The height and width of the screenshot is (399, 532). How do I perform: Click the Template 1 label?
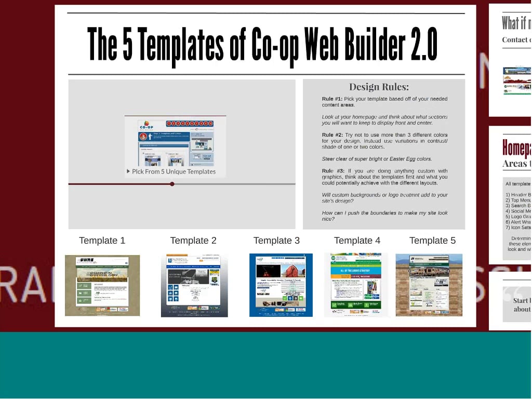[102, 241]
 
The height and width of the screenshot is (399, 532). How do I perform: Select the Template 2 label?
[193, 241]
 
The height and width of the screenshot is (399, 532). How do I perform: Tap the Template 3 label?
[276, 241]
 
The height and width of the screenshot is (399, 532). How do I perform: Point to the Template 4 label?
[357, 241]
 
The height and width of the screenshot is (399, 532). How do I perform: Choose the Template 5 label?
[432, 241]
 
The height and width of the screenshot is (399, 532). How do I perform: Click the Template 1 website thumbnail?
[102, 285]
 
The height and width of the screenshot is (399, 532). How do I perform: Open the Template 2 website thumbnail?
[194, 285]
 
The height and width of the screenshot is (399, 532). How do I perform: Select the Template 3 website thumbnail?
[281, 285]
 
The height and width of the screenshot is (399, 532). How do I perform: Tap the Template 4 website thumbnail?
[356, 285]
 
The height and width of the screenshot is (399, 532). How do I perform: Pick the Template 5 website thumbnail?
[429, 285]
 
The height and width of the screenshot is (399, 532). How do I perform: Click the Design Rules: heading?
[379, 87]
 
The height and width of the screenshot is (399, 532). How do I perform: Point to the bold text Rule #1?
[332, 99]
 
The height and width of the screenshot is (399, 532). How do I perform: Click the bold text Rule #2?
[332, 135]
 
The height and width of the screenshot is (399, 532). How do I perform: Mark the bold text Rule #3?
[333, 171]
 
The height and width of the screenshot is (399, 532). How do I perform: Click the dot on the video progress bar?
[172, 184]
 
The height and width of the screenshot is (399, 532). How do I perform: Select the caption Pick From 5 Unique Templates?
[174, 171]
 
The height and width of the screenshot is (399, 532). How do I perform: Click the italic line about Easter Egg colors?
[377, 159]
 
